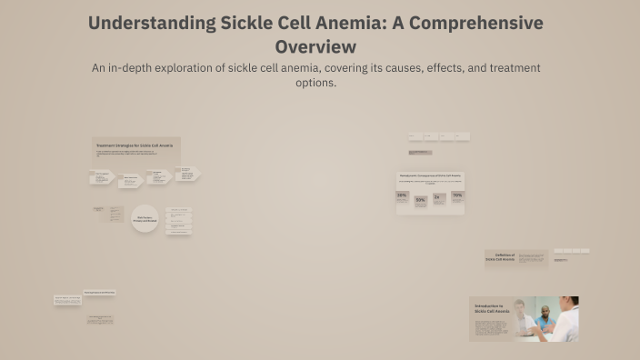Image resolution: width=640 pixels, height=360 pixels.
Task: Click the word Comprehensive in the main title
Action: coord(478,24)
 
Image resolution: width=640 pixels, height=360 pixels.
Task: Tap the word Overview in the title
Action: coord(315,46)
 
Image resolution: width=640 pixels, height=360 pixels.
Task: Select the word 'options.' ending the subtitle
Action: coord(316,83)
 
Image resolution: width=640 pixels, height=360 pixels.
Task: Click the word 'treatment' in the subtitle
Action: coord(508,68)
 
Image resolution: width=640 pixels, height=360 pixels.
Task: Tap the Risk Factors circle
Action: coord(145,219)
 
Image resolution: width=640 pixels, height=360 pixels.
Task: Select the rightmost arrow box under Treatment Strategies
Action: coord(187,174)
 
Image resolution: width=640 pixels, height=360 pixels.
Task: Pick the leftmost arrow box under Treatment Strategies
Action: coord(101,178)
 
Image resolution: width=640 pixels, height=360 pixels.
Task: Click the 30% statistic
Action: coord(402,195)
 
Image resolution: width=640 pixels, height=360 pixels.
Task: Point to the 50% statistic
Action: coord(420,200)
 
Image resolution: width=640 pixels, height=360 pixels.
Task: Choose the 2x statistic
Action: coord(438,196)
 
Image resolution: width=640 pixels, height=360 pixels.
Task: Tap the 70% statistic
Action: coord(457,195)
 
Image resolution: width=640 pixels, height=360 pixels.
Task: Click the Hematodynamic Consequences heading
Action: coord(430,175)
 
